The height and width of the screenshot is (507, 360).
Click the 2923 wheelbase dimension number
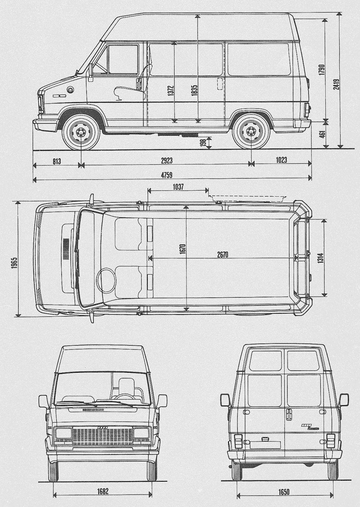(x=167, y=160)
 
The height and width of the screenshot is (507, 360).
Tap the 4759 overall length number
(x=172, y=174)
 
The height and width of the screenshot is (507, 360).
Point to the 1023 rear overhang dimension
(x=281, y=160)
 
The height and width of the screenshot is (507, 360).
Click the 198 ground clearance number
(x=202, y=143)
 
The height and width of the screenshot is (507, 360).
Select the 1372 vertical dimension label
(x=170, y=93)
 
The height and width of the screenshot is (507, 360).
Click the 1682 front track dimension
(x=102, y=491)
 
